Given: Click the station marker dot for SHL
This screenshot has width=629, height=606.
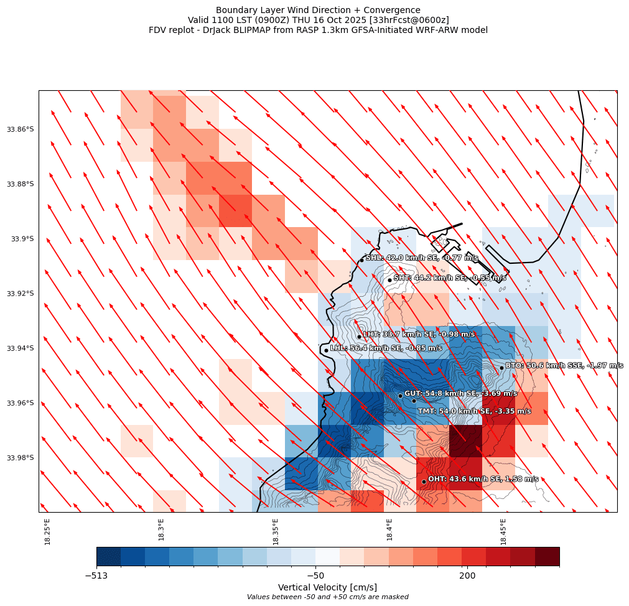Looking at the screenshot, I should [x=361, y=260].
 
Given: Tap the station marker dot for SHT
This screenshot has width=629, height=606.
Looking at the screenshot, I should [x=389, y=280].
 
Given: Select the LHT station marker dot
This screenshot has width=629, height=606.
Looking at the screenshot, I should [x=359, y=337].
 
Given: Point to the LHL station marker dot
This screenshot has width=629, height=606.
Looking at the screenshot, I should [x=326, y=350].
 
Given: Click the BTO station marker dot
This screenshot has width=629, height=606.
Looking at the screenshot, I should [x=501, y=368].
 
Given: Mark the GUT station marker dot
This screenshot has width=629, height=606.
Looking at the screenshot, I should [x=400, y=396].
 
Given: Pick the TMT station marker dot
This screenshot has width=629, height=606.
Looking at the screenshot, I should [x=414, y=401].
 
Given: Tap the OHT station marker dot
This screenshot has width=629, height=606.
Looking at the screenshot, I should [x=424, y=482].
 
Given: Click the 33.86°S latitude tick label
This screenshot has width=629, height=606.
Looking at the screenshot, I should [x=20, y=129].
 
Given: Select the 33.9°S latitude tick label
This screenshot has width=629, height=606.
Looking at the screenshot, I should [x=22, y=239].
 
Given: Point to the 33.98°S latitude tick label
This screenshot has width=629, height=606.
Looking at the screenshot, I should [x=20, y=458].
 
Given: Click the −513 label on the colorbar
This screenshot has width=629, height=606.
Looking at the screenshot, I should [x=96, y=576].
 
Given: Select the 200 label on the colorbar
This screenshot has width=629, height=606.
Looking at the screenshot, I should [x=467, y=576].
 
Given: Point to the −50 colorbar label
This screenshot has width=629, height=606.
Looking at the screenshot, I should [x=315, y=576].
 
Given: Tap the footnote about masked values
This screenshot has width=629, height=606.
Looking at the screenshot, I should [x=327, y=597].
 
